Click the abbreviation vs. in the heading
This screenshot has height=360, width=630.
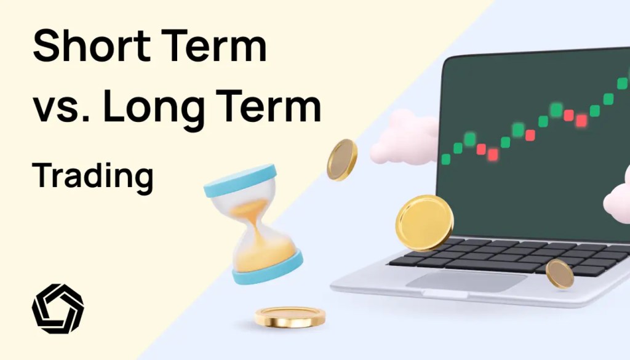point(59,110)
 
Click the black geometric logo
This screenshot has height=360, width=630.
point(58,308)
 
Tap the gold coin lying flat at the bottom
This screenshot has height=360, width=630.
point(290,316)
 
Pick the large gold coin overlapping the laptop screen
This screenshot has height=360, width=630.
point(424,222)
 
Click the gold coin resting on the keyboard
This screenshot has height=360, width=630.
point(559,273)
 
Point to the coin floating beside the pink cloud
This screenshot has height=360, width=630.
point(341,159)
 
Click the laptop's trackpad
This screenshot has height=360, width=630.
point(467,281)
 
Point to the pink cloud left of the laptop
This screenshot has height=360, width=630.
point(403,138)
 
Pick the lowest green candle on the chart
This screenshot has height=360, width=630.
point(445,159)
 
